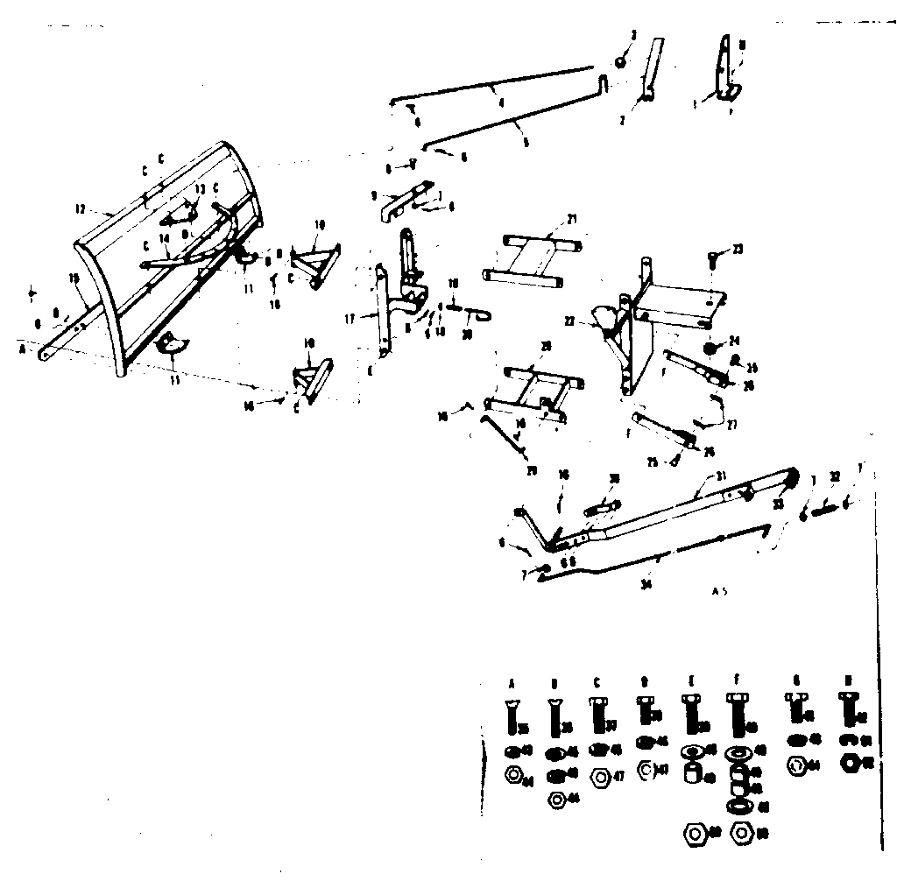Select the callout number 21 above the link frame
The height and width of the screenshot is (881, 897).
[x=572, y=218]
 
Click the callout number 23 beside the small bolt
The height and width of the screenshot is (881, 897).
[x=738, y=250]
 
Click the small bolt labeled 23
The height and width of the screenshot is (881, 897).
[x=713, y=257]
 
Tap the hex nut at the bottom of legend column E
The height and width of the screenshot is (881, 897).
[x=692, y=831]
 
